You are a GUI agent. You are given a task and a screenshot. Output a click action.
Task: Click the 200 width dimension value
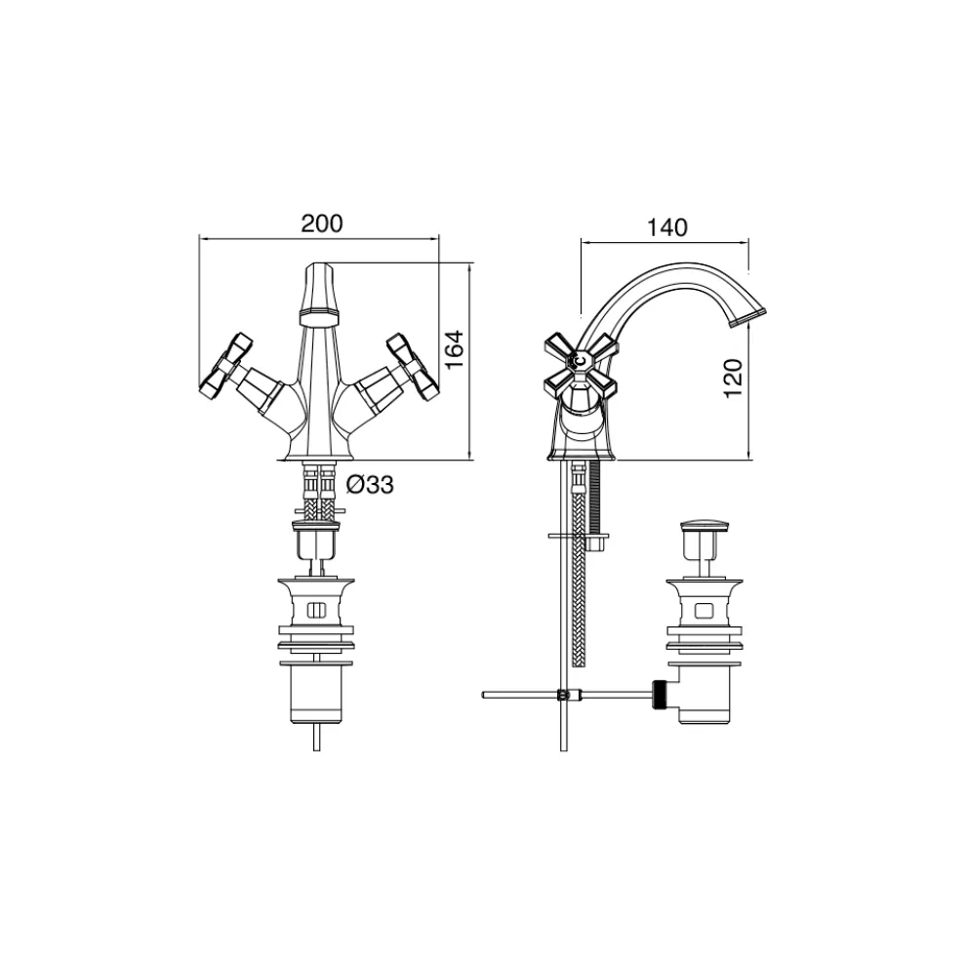321,223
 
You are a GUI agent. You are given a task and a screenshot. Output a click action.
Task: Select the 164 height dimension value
454,349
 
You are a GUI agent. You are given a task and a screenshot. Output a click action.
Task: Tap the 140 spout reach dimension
666,227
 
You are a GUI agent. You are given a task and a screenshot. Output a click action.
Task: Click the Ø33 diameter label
370,485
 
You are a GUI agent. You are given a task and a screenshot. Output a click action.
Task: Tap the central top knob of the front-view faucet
319,294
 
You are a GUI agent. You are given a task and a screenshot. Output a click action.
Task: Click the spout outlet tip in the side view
747,317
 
